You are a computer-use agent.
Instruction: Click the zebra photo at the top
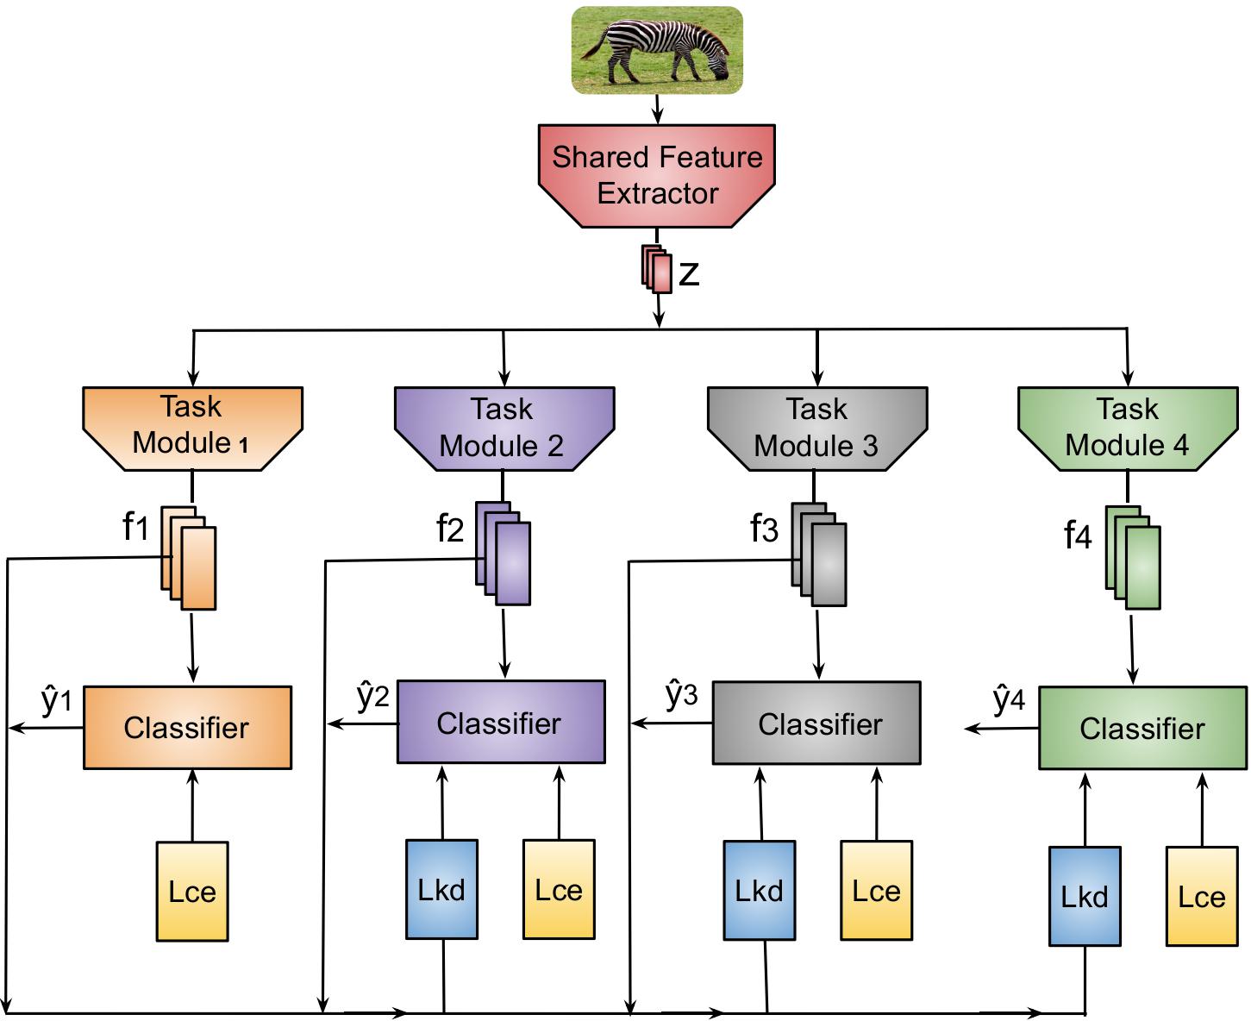tap(657, 50)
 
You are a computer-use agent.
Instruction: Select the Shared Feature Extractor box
tap(657, 175)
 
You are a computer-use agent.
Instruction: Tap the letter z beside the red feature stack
tap(689, 273)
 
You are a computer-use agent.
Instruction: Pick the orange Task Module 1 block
tap(192, 428)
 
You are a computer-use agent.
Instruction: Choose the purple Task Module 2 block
tap(504, 428)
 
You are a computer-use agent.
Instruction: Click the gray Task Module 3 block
tap(817, 428)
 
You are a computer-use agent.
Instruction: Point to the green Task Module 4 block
tap(1128, 428)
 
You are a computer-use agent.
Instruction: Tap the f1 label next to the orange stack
tap(136, 525)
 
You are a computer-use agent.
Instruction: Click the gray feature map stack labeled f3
tap(819, 554)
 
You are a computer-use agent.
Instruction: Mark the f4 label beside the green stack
tap(1078, 536)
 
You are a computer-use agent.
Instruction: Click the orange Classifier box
tap(187, 727)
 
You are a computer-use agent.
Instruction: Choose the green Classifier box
tap(1142, 728)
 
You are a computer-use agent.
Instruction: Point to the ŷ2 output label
tap(373, 696)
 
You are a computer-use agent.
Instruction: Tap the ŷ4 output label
tap(1009, 699)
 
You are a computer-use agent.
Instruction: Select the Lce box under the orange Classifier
tap(192, 891)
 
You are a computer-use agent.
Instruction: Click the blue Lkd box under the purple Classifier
tap(441, 889)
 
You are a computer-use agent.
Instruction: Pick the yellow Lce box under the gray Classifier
tap(876, 890)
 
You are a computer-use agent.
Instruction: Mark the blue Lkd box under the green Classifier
tap(1085, 896)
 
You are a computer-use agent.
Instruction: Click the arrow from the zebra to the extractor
tap(657, 109)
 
